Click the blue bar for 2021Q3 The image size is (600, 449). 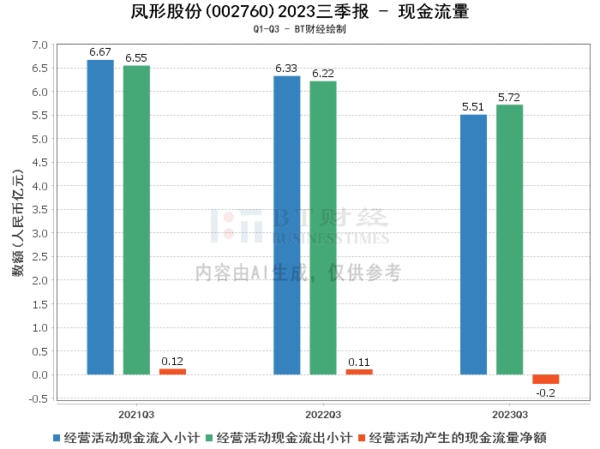[x=100, y=218]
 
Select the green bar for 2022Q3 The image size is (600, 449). [x=323, y=228]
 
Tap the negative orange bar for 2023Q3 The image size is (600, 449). [x=546, y=379]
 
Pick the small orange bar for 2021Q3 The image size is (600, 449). [x=172, y=372]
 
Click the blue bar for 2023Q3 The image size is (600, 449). [x=473, y=245]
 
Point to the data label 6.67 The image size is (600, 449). [x=100, y=52]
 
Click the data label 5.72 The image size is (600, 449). [x=509, y=98]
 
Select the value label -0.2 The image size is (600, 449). [x=546, y=392]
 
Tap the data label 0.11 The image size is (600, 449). [x=359, y=362]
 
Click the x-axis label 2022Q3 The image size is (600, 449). [x=323, y=415]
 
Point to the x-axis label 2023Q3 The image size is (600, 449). [x=510, y=415]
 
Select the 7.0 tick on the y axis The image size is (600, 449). [x=39, y=45]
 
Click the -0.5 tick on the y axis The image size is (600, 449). [x=39, y=398]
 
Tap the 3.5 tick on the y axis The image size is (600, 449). [x=39, y=210]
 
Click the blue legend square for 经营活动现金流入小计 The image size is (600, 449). [x=57, y=438]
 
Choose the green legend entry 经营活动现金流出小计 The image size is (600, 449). [x=279, y=438]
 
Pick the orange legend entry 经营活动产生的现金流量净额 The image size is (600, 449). [x=453, y=438]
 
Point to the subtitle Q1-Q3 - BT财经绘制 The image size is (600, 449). [x=300, y=29]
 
